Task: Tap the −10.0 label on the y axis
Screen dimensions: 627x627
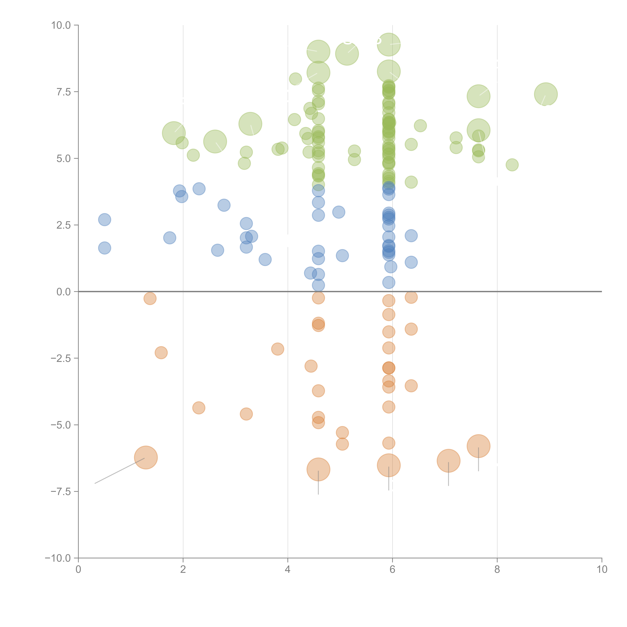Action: [x=58, y=558]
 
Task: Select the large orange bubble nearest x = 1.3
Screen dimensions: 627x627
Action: [x=146, y=458]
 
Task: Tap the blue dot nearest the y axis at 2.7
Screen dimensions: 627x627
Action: [x=104, y=220]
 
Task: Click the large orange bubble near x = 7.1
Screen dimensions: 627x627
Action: [x=449, y=461]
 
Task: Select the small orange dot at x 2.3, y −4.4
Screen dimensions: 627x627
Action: [x=199, y=408]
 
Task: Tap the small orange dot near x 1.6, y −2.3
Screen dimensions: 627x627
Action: [x=161, y=352]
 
